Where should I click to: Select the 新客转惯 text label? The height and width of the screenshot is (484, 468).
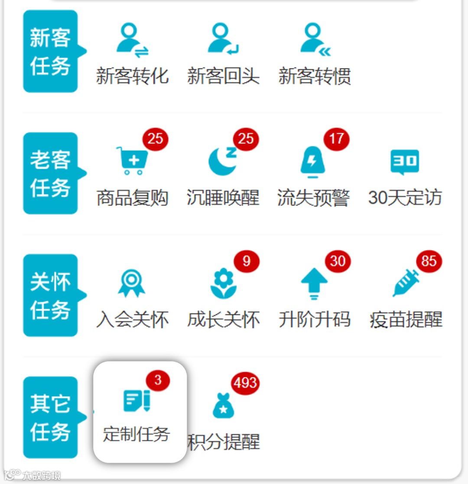click(315, 76)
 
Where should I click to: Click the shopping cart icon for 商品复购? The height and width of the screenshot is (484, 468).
click(132, 161)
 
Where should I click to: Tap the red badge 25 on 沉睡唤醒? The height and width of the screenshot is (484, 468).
click(246, 139)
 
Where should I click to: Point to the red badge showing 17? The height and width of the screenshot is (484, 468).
click(336, 139)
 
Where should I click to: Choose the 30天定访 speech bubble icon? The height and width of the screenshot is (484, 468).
click(405, 162)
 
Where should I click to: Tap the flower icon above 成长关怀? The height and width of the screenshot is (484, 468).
click(223, 283)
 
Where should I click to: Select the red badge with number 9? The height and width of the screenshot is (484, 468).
click(247, 261)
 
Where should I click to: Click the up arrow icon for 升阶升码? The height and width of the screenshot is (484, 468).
click(314, 284)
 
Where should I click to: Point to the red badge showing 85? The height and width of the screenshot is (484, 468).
click(429, 261)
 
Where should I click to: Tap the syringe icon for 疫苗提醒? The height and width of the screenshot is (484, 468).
click(406, 283)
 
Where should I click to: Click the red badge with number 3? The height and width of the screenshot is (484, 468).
click(158, 380)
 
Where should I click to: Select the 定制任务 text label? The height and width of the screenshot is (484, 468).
click(136, 434)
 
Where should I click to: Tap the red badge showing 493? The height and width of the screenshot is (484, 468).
click(245, 383)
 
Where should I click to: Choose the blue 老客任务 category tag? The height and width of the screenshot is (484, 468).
click(50, 173)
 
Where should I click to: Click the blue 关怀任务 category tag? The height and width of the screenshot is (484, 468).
click(50, 295)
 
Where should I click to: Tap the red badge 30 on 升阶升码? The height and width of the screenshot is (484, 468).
click(338, 261)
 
